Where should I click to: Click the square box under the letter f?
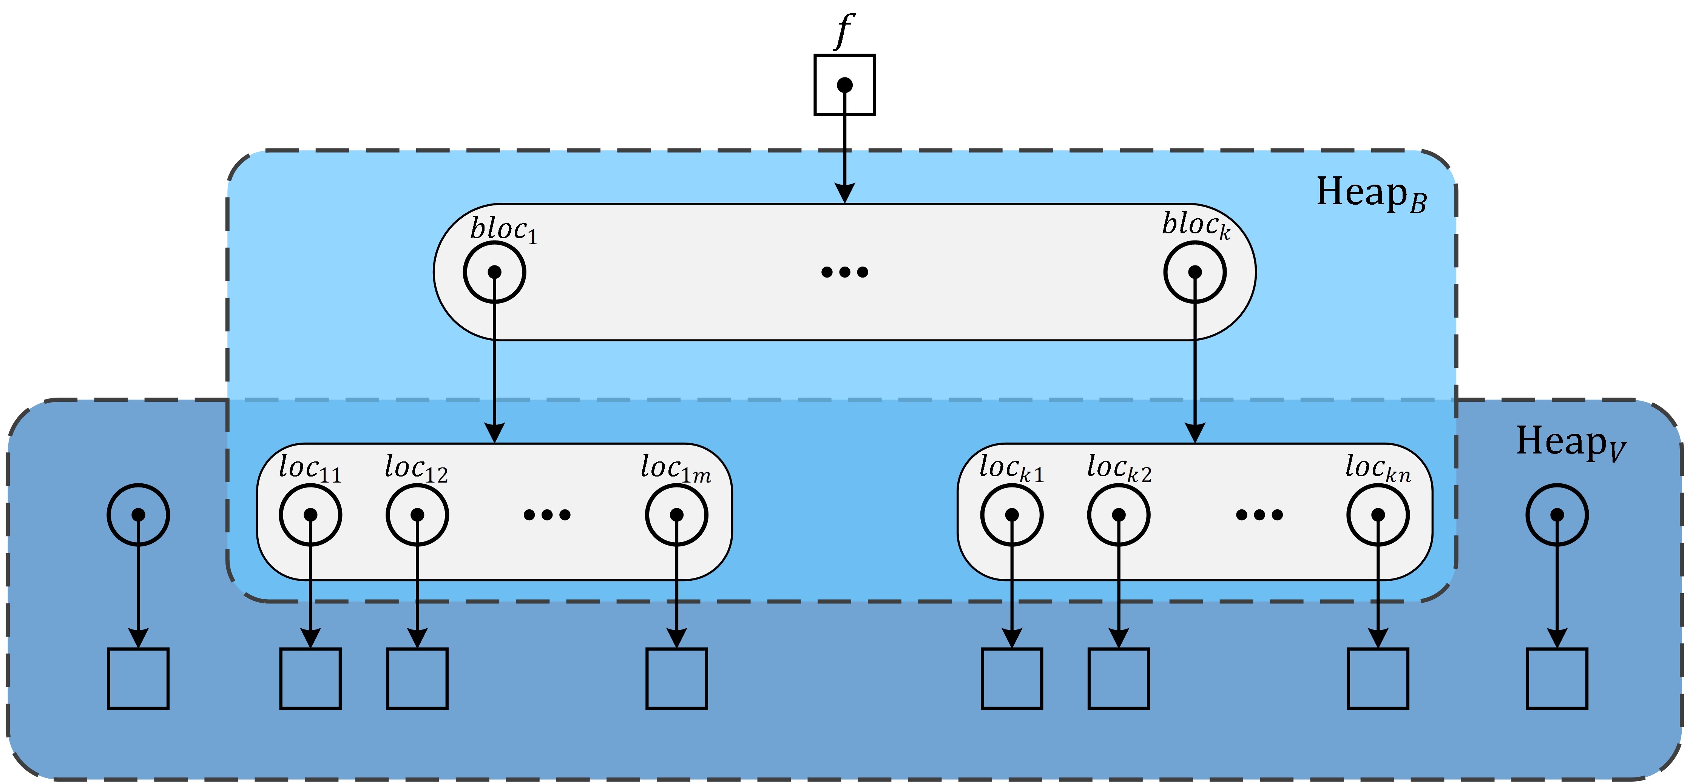(x=844, y=85)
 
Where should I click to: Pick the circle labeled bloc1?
(x=494, y=272)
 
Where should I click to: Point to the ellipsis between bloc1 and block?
(x=844, y=272)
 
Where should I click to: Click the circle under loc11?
(x=310, y=515)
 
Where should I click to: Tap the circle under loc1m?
(x=676, y=515)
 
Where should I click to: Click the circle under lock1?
(x=1011, y=515)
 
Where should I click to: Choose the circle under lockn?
(x=1378, y=515)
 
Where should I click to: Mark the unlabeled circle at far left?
(x=138, y=515)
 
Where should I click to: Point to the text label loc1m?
(x=675, y=469)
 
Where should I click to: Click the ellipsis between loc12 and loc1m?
(x=547, y=515)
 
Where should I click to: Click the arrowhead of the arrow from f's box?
(x=844, y=193)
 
